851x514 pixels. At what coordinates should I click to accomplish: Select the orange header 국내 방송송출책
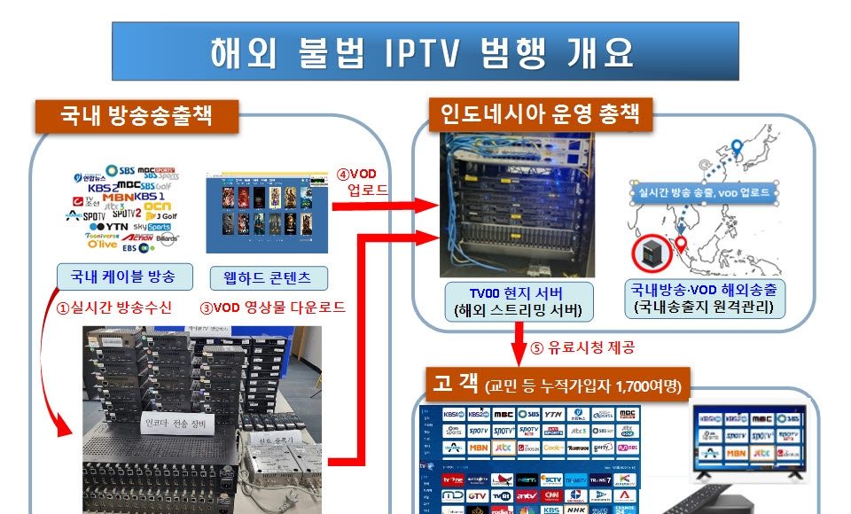(137, 115)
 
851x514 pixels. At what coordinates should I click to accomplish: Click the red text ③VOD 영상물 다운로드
(271, 308)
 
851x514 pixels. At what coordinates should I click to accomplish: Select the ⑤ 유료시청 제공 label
(586, 347)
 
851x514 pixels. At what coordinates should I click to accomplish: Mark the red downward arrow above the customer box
(516, 341)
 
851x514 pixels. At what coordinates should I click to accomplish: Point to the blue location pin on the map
(737, 149)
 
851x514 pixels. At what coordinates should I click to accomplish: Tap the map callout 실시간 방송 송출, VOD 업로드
(703, 191)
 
